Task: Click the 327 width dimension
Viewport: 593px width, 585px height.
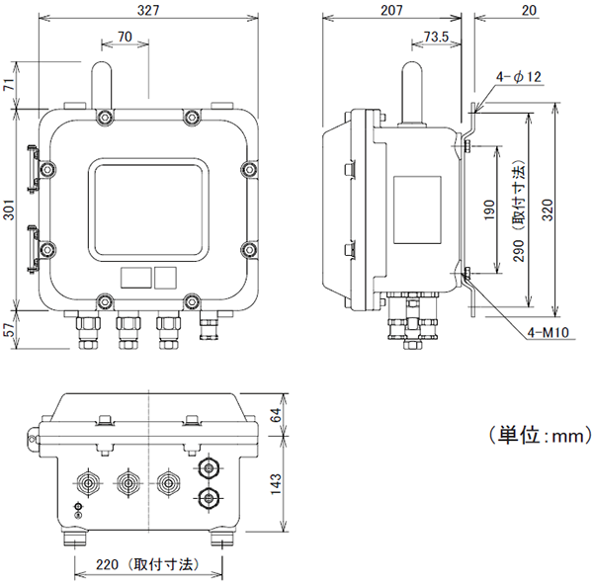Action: click(147, 9)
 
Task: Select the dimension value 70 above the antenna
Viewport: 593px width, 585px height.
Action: click(125, 37)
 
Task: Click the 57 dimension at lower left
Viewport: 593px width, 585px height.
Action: click(9, 333)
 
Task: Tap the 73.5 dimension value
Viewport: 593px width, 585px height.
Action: click(435, 38)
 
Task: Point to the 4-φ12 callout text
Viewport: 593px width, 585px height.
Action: click(519, 77)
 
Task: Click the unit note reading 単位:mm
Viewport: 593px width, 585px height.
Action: click(540, 435)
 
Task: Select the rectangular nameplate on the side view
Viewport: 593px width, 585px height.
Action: click(417, 210)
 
